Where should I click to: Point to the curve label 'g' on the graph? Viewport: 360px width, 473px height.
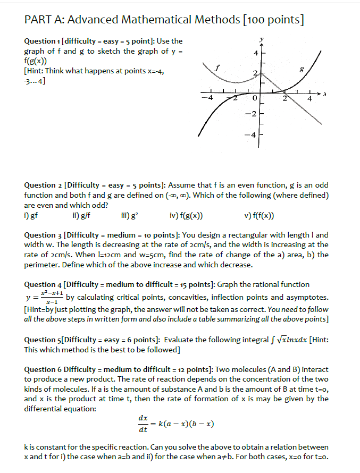coord(302,69)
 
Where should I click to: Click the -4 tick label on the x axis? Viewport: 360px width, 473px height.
coord(211,98)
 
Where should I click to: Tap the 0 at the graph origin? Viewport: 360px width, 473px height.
coord(255,98)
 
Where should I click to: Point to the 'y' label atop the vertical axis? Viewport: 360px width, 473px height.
coord(261,39)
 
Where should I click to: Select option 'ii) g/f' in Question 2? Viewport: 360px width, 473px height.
coord(79,216)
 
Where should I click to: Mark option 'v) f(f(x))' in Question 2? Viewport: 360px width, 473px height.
coord(261,216)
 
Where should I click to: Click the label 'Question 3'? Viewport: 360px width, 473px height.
coord(43,235)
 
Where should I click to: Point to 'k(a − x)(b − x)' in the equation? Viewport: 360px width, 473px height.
coord(187,424)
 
